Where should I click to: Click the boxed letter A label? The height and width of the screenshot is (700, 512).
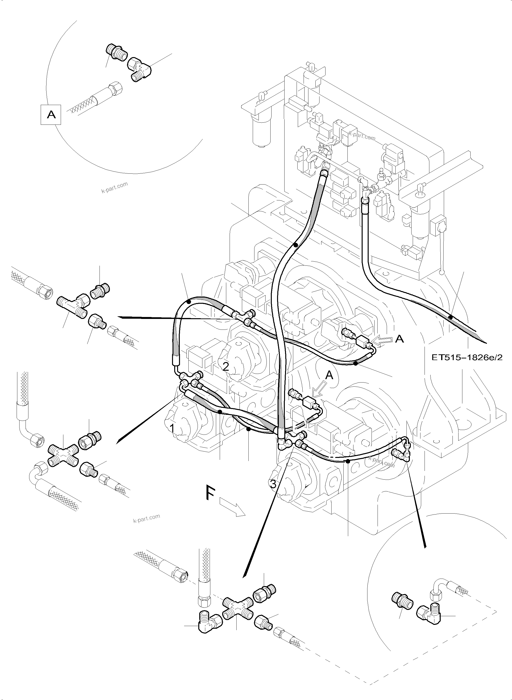51,115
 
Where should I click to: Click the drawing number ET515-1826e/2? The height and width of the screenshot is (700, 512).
467,357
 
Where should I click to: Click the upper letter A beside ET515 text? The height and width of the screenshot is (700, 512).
400,339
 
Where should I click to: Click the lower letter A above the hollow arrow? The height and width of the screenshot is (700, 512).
329,376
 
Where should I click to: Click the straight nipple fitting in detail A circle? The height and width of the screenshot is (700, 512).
115,53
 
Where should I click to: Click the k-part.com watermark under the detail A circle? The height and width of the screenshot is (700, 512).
115,187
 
